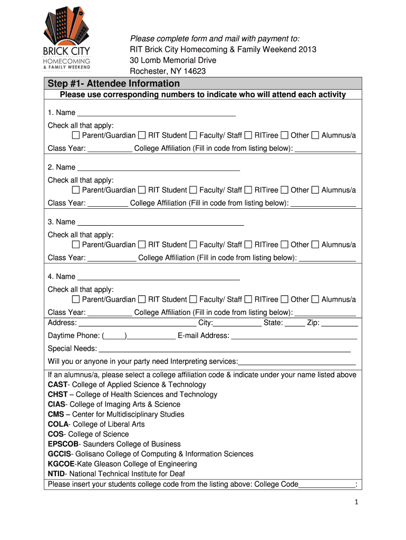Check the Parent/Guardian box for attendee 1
coord(76,136)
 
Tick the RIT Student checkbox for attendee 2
coord(142,190)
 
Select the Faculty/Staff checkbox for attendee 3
coord(193,245)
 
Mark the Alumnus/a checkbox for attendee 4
coord(315,300)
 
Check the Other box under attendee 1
coord(285,136)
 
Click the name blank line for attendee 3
coord(160,222)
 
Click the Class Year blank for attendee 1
coord(110,149)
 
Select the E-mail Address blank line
coord(294,336)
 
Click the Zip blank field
coord(340,323)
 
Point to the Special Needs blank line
coord(225,349)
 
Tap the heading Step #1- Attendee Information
coord(114,84)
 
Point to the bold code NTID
coord(57,474)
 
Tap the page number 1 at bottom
coord(356,503)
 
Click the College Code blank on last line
coord(327,485)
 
